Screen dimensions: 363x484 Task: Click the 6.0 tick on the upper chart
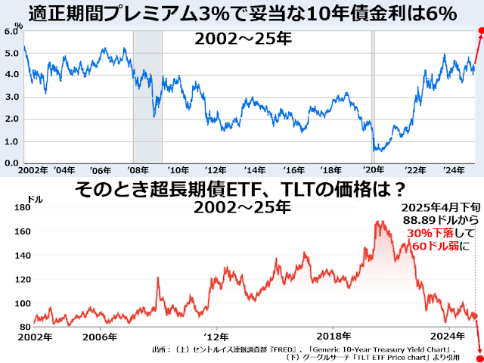(11, 32)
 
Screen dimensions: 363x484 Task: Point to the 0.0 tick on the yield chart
(11, 163)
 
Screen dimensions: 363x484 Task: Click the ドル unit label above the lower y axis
(35, 198)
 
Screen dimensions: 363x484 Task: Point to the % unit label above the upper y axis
(19, 25)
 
